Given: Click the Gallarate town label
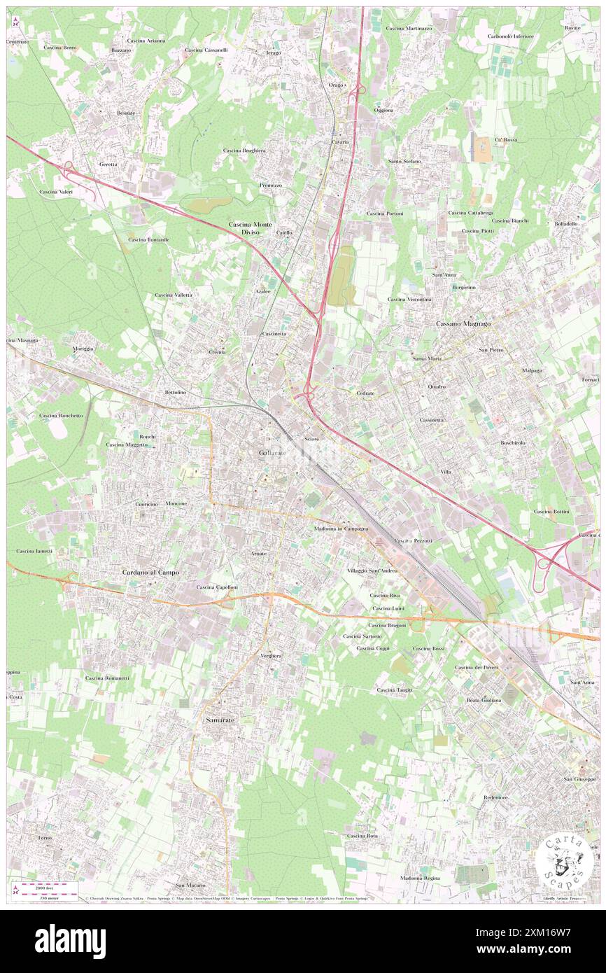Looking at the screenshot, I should [x=272, y=454].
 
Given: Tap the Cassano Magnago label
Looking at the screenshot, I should [x=463, y=324].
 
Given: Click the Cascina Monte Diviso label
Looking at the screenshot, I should [x=250, y=229].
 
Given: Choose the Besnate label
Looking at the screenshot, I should [x=126, y=113].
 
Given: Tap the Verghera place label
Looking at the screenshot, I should [x=271, y=655].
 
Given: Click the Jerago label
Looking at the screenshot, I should [x=273, y=53].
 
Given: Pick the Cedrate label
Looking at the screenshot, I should [x=365, y=393].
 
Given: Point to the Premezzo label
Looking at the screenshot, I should [x=270, y=185].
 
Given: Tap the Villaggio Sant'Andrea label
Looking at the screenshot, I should [x=372, y=570].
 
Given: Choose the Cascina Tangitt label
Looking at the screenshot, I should [x=395, y=690].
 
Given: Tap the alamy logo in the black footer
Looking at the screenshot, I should [x=70, y=941].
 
